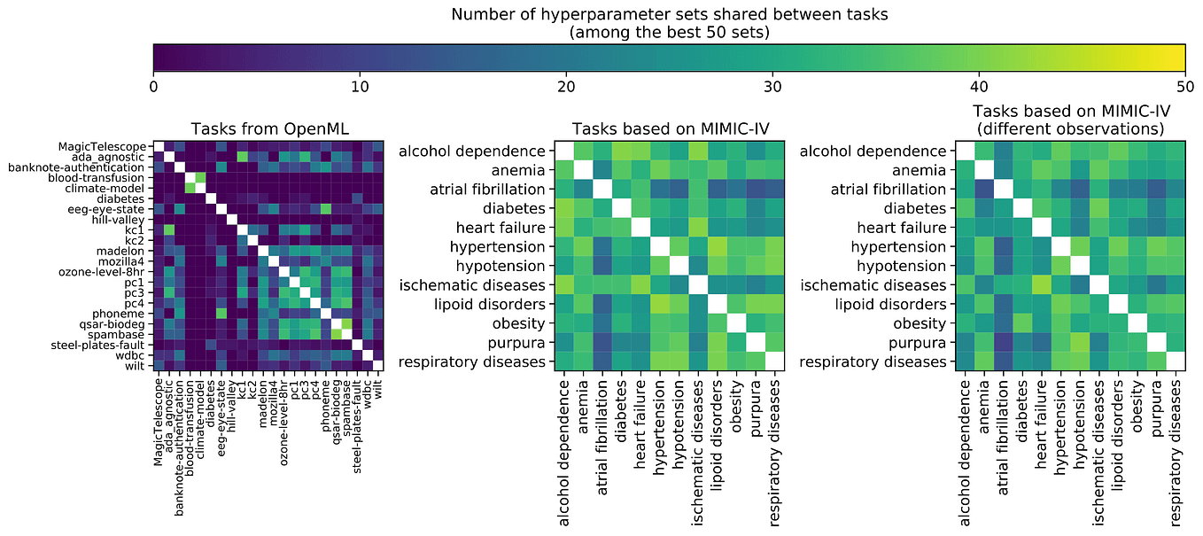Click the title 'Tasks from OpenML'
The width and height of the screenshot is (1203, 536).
pos(268,128)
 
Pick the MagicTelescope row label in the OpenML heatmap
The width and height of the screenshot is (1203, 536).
pos(105,146)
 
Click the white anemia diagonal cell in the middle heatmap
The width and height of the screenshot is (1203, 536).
pos(582,170)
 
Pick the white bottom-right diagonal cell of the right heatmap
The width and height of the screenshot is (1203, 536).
pos(1176,361)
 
